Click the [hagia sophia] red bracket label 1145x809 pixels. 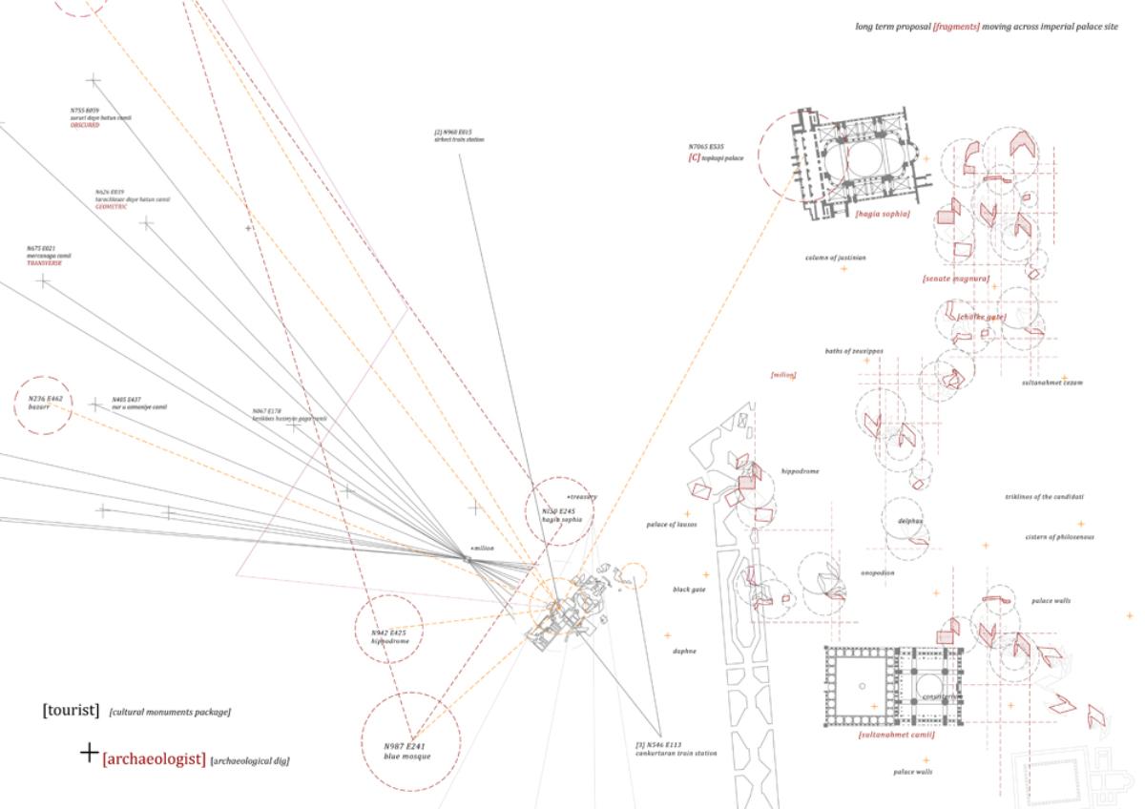882,214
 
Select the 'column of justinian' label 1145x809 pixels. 835,258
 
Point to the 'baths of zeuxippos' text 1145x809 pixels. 854,351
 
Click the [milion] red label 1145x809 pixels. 783,375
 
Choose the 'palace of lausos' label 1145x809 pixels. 672,525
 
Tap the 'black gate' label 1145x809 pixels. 689,590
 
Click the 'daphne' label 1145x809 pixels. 684,651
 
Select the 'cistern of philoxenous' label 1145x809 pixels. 1059,537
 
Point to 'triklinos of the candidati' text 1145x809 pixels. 1044,497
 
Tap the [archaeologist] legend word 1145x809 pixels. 154,759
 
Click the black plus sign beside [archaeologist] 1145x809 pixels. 89,753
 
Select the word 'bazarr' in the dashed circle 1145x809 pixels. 39,406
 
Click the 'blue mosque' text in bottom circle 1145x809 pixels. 407,756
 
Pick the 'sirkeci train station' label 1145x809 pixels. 459,139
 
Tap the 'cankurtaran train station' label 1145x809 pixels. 676,753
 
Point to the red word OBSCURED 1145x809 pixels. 84,125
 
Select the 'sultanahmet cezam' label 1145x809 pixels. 1051,382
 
